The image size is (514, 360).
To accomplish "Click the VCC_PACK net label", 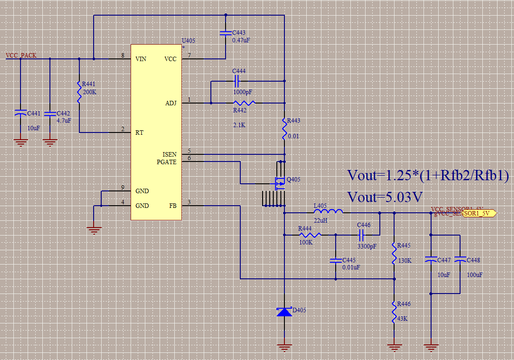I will (21, 56).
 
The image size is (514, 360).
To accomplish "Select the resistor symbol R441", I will (79, 93).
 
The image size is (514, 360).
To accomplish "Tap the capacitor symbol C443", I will (226, 33).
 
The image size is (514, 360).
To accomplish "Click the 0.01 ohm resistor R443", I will (284, 128).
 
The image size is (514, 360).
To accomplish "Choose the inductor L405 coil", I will (328, 211).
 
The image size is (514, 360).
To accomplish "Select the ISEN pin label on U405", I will (169, 154).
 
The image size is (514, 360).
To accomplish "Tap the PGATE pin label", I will (167, 162).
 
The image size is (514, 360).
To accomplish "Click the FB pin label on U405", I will (173, 206).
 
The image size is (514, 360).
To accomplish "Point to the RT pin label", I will (140, 132).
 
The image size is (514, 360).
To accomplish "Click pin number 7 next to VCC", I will (189, 56).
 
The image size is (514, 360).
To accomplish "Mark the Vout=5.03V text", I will (385, 196).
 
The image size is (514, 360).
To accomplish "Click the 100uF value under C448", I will (475, 275).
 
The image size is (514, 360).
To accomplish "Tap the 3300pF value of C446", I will (366, 246).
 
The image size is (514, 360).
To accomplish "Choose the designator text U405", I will (188, 41).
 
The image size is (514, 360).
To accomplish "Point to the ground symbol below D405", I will (284, 345).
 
